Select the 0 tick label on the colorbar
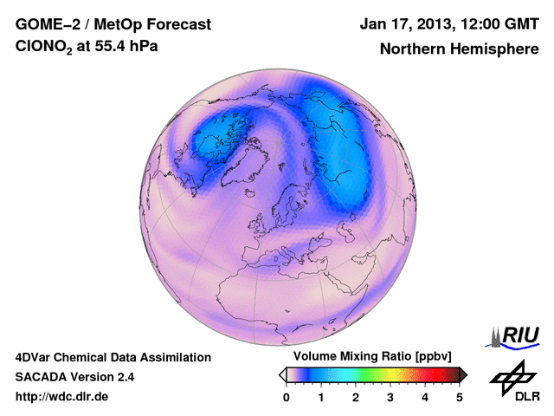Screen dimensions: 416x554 pyautogui.click(x=287, y=397)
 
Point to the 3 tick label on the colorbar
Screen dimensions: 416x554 pyautogui.click(x=390, y=397)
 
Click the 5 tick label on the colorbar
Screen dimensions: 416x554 pyautogui.click(x=460, y=397)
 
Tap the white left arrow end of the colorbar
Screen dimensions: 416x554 pyautogui.click(x=282, y=374)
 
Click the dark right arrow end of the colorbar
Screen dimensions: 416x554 pyautogui.click(x=463, y=374)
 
